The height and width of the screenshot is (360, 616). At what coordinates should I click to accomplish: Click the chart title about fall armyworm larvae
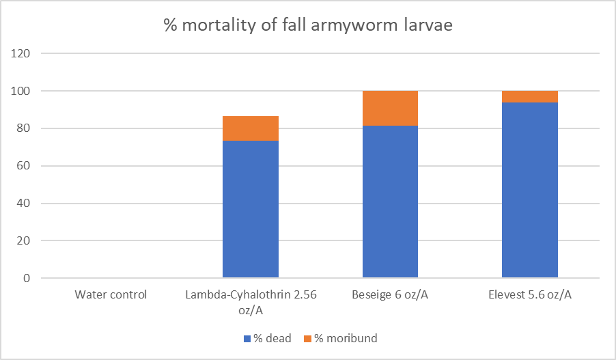pyautogui.click(x=307, y=27)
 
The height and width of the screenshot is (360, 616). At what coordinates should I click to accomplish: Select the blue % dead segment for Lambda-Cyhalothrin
pyautogui.click(x=251, y=209)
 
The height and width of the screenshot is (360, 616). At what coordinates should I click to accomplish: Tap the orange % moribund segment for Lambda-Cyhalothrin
pyautogui.click(x=251, y=128)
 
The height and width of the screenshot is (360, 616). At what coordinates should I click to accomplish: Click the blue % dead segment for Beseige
pyautogui.click(x=390, y=202)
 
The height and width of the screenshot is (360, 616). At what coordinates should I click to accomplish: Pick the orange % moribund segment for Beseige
pyautogui.click(x=390, y=108)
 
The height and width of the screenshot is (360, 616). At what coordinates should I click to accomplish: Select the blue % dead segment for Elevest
pyautogui.click(x=530, y=190)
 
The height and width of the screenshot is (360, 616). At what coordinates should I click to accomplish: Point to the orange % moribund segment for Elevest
pyautogui.click(x=530, y=96)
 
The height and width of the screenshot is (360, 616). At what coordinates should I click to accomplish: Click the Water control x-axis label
pyautogui.click(x=111, y=295)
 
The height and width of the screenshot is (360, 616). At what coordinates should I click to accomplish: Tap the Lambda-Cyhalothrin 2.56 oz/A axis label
pyautogui.click(x=251, y=301)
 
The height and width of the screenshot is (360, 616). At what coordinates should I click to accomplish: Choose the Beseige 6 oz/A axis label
pyautogui.click(x=390, y=295)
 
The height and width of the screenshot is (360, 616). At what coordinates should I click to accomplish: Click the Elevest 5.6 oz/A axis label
pyautogui.click(x=530, y=295)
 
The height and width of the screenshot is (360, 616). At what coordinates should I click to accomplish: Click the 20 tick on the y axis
pyautogui.click(x=25, y=241)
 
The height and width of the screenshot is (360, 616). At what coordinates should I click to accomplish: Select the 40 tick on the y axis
pyautogui.click(x=25, y=204)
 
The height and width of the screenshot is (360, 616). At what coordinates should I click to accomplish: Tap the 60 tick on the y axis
pyautogui.click(x=25, y=166)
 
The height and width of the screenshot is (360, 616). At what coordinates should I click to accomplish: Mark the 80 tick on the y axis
pyautogui.click(x=25, y=128)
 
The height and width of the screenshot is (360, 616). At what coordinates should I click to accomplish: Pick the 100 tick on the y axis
pyautogui.click(x=23, y=91)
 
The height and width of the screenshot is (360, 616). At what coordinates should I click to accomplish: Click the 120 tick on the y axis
pyautogui.click(x=23, y=53)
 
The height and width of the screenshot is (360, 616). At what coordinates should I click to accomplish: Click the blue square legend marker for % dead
pyautogui.click(x=248, y=338)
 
